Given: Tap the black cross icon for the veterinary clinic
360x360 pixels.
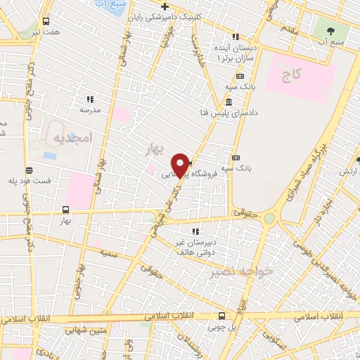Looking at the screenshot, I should click(164, 7).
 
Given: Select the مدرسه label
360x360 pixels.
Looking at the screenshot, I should click(89, 110).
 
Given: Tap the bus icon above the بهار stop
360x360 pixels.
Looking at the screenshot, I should click(65, 209).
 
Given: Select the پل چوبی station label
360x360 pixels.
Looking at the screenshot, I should click(222, 327).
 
